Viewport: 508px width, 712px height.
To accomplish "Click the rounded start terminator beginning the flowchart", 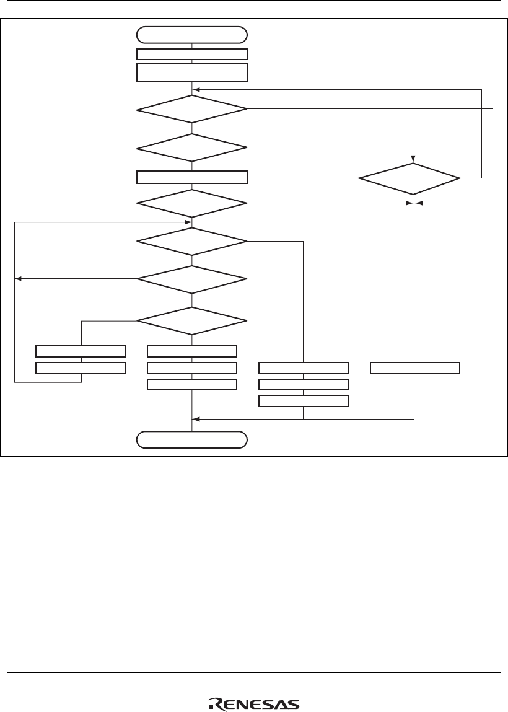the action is pyautogui.click(x=192, y=33).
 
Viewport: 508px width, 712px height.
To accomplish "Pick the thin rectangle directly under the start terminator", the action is pyautogui.click(x=192, y=54).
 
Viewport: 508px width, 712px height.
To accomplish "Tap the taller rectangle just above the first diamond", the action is pyautogui.click(x=192, y=73).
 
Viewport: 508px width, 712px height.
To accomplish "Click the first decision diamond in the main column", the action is pyautogui.click(x=192, y=110).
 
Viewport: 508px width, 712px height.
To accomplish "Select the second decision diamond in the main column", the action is pyautogui.click(x=192, y=147).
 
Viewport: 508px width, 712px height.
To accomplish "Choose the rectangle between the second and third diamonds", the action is pyautogui.click(x=192, y=177).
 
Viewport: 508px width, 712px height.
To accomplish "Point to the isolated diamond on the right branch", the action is pyautogui.click(x=410, y=178).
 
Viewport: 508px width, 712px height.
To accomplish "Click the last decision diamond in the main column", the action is pyautogui.click(x=192, y=321).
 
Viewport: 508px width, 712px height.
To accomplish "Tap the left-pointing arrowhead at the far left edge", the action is pyautogui.click(x=19, y=279).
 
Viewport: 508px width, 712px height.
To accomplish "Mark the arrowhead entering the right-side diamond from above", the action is pyautogui.click(x=413, y=158).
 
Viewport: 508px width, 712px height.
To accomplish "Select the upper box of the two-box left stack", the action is pyautogui.click(x=81, y=351).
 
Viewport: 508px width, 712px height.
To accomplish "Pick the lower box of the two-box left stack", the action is pyautogui.click(x=81, y=368).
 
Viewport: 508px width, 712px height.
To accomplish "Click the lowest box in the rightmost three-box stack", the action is pyautogui.click(x=303, y=401).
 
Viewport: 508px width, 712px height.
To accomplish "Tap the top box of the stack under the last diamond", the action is pyautogui.click(x=192, y=351).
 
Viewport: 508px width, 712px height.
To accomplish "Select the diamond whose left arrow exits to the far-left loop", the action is pyautogui.click(x=192, y=279).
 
